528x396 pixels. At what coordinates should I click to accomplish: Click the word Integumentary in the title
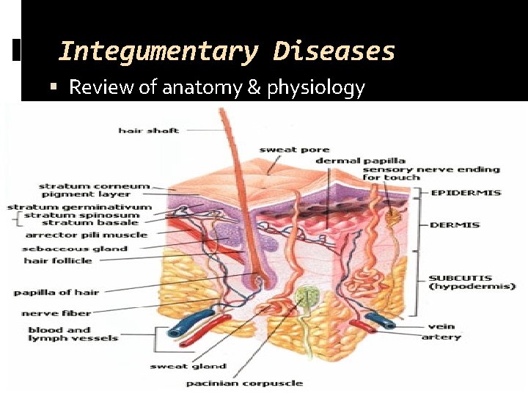(x=158, y=52)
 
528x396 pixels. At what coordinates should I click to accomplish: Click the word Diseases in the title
(x=334, y=52)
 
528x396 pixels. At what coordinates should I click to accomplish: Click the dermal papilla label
(x=360, y=161)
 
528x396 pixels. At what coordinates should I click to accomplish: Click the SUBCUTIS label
(x=455, y=279)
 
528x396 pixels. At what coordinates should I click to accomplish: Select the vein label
(x=442, y=327)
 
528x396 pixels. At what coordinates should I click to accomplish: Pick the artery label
(x=441, y=337)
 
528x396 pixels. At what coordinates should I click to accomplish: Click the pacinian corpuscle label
(x=243, y=384)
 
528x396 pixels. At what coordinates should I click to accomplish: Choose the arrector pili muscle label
(x=86, y=235)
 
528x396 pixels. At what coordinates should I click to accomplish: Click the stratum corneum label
(x=94, y=186)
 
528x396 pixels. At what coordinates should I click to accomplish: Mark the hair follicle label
(x=58, y=260)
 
